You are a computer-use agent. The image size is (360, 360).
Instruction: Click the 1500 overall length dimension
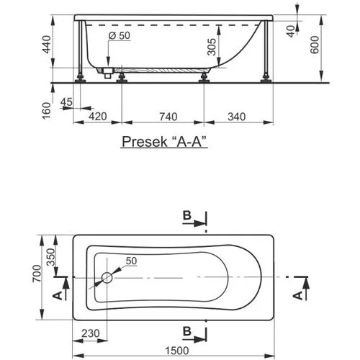coord(177,351)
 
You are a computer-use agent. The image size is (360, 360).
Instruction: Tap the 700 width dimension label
coord(37,274)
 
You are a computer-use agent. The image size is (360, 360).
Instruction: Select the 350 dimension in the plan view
coord(50,257)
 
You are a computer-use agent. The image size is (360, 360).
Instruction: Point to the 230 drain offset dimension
coord(90,333)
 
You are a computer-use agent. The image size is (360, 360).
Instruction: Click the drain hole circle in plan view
coord(107,278)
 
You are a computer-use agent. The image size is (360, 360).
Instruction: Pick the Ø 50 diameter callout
coord(120,35)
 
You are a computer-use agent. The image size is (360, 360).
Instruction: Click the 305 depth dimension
coord(212,47)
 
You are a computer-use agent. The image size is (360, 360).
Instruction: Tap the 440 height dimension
coord(46,45)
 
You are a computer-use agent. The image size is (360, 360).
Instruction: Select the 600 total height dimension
coord(315,45)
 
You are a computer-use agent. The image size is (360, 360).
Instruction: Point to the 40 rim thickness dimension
coord(291,31)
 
